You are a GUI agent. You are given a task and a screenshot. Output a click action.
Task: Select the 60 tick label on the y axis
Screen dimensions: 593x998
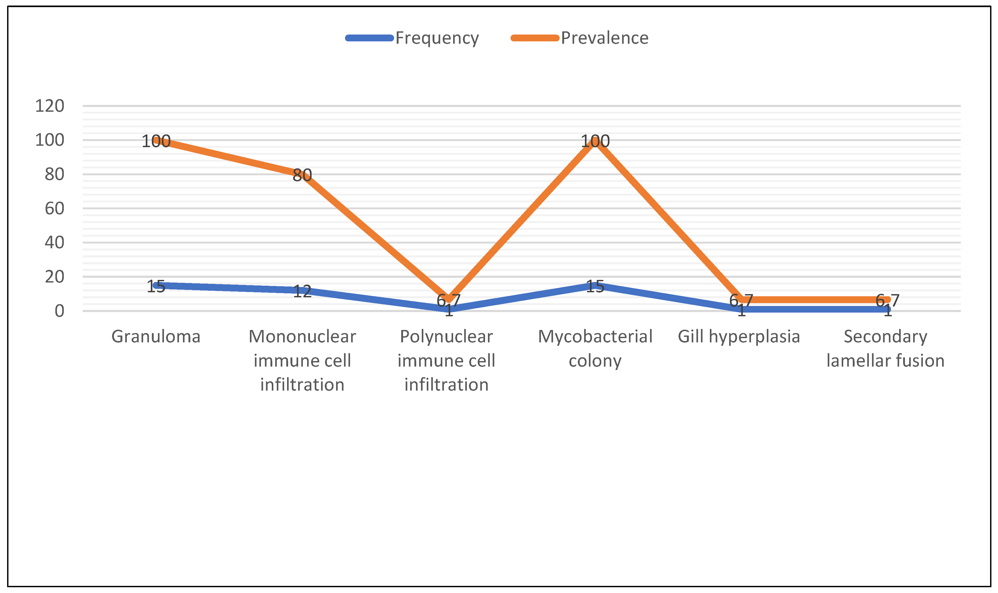(54, 208)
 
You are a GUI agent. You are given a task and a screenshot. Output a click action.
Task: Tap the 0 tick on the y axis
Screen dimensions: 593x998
(59, 310)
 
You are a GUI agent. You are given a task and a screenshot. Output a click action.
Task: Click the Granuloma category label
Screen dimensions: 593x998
(156, 337)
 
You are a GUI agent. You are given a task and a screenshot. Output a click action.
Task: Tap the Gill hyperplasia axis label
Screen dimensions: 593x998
(739, 337)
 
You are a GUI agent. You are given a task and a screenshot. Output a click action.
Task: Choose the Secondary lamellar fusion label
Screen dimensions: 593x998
(885, 348)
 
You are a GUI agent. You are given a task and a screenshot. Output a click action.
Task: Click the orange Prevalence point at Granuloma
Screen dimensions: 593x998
(156, 140)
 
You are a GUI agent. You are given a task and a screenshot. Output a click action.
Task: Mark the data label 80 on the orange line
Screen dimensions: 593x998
(302, 175)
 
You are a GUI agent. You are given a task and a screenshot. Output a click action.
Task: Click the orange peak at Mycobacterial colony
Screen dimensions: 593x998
(595, 140)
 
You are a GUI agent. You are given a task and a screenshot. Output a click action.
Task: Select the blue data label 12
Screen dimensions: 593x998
(302, 291)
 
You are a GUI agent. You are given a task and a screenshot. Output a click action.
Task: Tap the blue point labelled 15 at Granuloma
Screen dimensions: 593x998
(156, 285)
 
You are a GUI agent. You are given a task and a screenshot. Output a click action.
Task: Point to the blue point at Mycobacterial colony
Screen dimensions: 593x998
(595, 285)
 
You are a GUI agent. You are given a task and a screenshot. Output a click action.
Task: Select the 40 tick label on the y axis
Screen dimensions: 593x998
(54, 242)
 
